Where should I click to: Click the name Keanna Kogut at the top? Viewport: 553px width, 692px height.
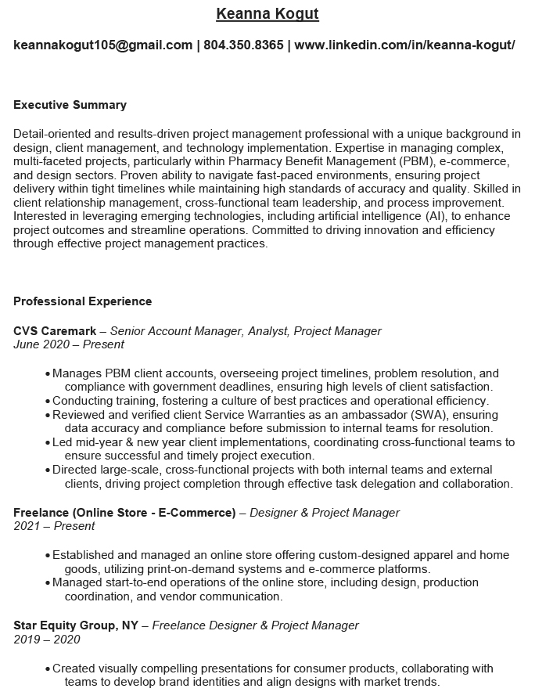click(268, 14)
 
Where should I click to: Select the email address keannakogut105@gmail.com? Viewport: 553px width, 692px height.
click(102, 45)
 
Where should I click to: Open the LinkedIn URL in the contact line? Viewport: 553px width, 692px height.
click(404, 45)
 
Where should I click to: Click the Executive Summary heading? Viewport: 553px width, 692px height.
click(70, 105)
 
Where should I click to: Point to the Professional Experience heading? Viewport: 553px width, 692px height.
click(82, 301)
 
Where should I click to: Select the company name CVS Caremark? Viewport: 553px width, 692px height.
click(55, 331)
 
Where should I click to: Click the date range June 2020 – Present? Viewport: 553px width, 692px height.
click(69, 344)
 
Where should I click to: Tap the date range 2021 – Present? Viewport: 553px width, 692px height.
click(54, 526)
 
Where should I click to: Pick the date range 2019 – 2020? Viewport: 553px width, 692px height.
click(46, 640)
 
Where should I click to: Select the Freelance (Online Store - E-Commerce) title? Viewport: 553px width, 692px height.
click(124, 513)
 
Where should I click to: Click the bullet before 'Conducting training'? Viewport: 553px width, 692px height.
click(48, 402)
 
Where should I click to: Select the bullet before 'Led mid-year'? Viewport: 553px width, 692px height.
click(48, 443)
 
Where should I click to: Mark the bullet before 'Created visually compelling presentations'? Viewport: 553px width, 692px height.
click(48, 669)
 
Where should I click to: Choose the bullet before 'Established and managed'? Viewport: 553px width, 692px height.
click(48, 556)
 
